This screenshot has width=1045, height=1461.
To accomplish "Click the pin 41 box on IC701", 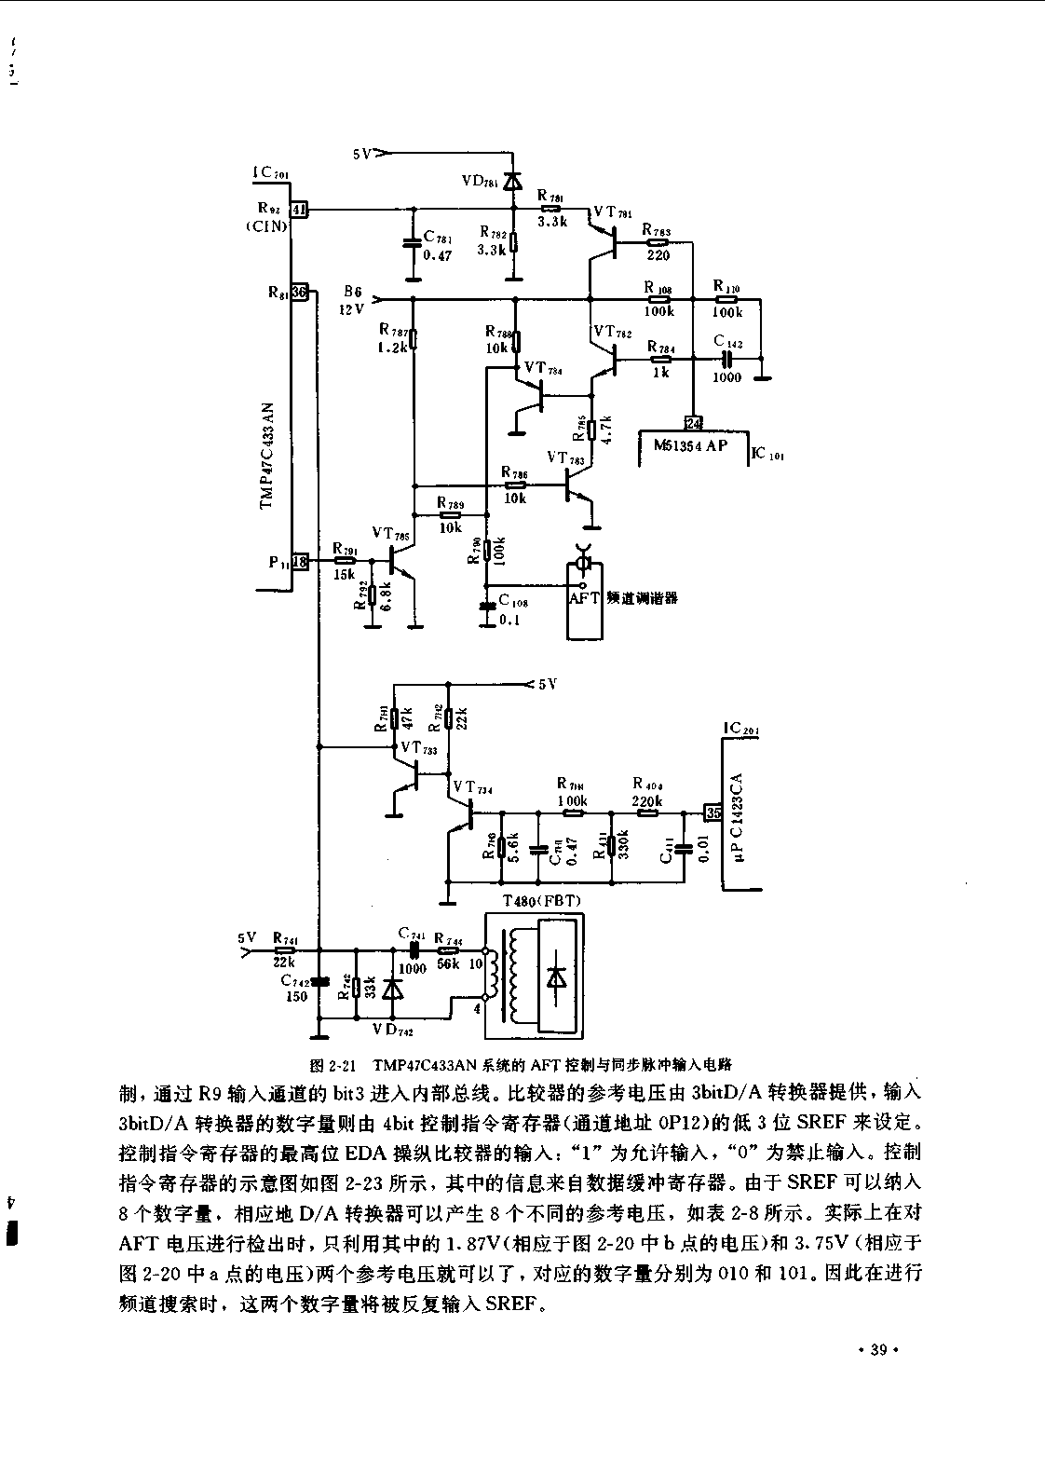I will click(300, 211).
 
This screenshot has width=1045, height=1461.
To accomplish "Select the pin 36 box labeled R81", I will click(300, 293).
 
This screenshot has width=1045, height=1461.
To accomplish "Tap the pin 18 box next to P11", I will click(300, 561).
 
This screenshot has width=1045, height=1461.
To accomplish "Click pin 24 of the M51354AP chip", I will click(694, 423).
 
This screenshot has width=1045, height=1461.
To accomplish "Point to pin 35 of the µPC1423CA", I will click(712, 812).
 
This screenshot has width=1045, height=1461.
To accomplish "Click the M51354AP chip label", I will click(690, 445).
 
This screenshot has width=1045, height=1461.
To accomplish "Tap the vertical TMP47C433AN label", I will click(266, 457).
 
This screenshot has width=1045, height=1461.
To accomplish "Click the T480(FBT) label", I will click(540, 901).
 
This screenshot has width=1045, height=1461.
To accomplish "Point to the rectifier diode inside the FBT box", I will click(557, 976).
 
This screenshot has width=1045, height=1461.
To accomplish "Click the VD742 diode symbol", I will click(393, 988).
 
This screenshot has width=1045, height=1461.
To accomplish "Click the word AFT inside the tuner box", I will click(585, 598).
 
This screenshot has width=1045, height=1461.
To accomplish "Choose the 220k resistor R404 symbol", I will click(646, 812).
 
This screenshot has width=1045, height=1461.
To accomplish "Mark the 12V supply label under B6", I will click(353, 309).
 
